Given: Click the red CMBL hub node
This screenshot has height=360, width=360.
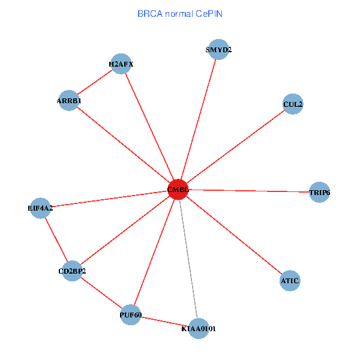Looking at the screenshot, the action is (178, 190).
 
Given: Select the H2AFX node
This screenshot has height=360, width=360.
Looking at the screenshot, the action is (121, 64).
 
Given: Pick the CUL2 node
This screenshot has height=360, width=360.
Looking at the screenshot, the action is (292, 104).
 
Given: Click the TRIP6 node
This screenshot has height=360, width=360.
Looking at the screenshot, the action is (319, 193).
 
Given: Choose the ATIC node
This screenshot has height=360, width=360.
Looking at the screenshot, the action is (290, 280).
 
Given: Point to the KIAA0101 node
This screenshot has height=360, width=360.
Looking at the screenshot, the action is (199, 329).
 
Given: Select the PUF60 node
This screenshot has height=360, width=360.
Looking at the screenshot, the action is (131, 314).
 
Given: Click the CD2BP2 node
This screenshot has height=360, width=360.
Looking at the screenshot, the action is (73, 271).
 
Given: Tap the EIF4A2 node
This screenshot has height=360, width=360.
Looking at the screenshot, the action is (40, 208).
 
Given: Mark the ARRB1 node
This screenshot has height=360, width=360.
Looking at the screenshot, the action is (69, 101).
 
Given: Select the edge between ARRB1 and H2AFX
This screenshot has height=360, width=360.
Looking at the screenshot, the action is (95, 82).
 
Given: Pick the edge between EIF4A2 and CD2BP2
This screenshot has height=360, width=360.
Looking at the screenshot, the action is (56, 239).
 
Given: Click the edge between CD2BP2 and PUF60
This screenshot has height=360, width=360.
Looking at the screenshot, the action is (102, 293).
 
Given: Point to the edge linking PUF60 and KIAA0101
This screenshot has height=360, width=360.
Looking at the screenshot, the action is (164, 322).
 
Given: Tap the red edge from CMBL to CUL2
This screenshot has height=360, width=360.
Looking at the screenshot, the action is (235, 147).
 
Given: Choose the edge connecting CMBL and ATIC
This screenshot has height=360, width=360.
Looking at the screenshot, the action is (234, 235).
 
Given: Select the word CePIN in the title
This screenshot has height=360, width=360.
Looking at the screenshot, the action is (209, 13).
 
